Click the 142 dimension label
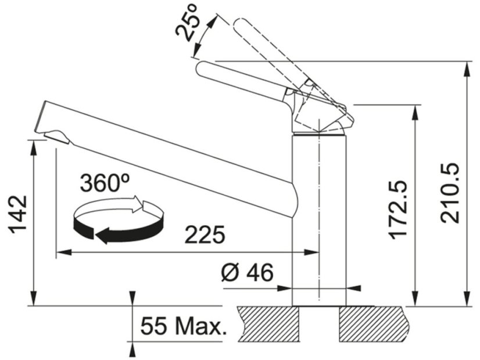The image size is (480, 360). (x=18, y=214)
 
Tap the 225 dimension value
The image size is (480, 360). (x=204, y=236)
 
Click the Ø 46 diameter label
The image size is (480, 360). (x=247, y=272)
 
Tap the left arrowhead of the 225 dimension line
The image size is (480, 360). (x=60, y=253)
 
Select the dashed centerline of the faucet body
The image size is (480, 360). (x=318, y=203)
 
